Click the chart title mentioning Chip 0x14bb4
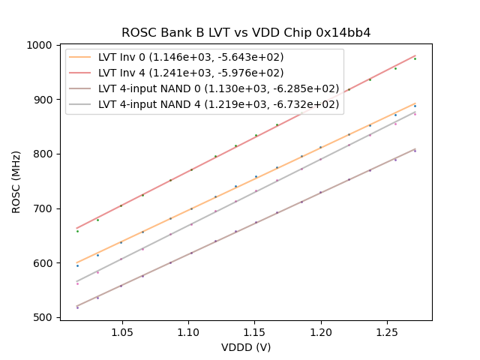coord(246,33)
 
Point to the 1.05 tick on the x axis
coord(121,331)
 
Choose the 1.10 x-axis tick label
coord(188,331)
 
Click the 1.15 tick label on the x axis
coord(255,331)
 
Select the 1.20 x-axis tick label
coord(321,331)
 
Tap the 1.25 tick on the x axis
coord(388,331)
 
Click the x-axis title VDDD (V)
coord(246,347)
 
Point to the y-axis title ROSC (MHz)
coord(16,181)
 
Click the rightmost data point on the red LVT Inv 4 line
coord(415,58)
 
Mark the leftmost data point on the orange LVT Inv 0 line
coord(77,265)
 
